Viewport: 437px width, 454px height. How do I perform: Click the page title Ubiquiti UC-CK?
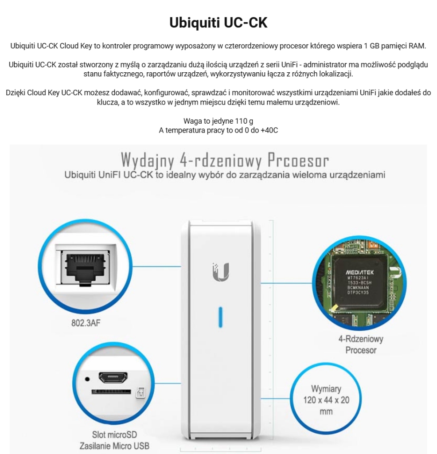218,23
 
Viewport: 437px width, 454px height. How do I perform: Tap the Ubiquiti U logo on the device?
220,271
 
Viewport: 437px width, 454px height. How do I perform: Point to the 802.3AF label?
86,322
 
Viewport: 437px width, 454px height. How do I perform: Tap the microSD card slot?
110,392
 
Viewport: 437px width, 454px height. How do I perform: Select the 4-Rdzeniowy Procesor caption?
361,344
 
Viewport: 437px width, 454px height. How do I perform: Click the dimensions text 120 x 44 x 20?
326,400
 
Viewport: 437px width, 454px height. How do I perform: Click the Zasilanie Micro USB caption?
114,446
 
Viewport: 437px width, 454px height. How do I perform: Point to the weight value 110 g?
242,121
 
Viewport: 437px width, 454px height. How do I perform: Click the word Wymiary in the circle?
326,389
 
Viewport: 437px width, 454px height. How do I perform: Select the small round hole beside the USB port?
87,379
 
